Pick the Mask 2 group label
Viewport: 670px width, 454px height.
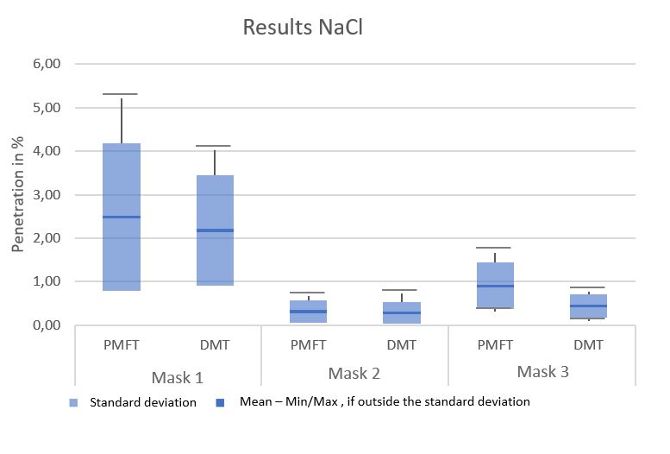[354, 374]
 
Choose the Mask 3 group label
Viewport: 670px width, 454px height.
[542, 373]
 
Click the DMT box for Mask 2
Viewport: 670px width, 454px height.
[402, 312]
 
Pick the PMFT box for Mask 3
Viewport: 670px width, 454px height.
[495, 285]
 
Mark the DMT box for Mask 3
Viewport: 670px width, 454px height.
[589, 306]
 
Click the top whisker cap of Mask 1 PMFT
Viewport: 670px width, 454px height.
[120, 94]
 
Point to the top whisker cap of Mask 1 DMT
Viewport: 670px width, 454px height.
[214, 146]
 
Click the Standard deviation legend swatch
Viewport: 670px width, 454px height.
[74, 402]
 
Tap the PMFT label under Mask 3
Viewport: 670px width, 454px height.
[495, 345]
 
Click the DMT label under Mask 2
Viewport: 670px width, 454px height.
[402, 345]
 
